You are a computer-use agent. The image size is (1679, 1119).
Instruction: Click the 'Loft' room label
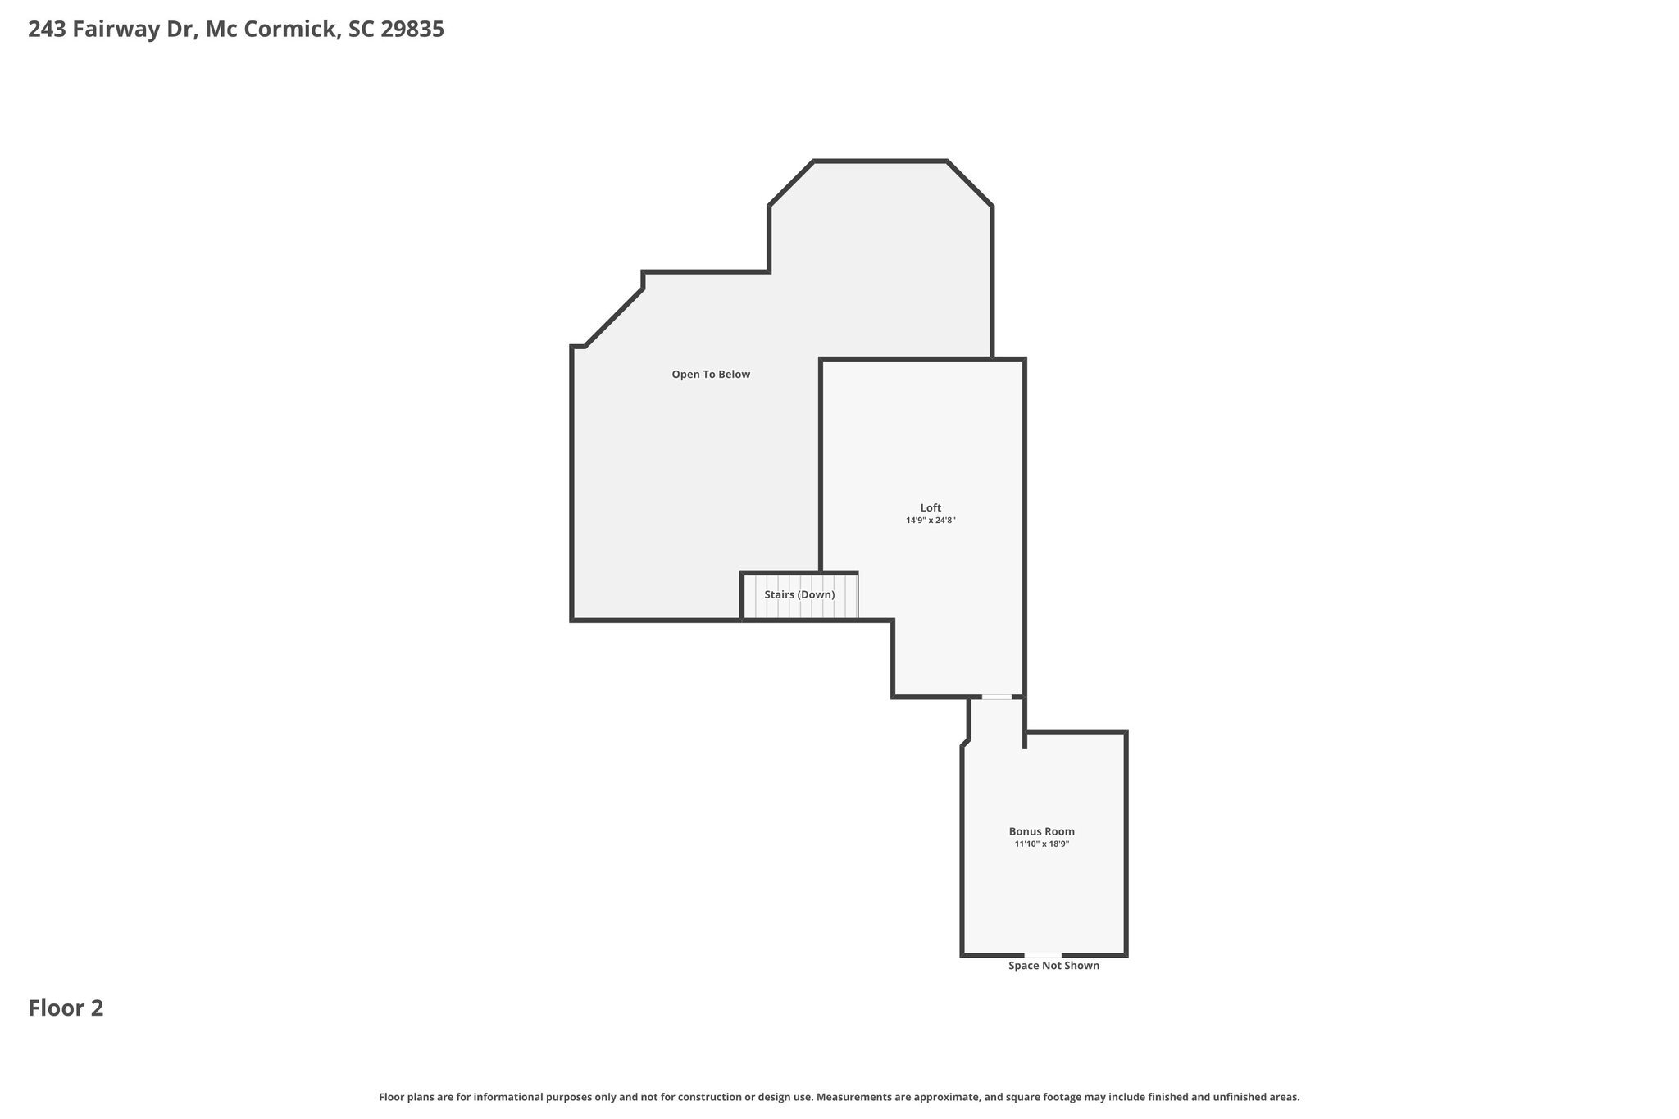pyautogui.click(x=931, y=507)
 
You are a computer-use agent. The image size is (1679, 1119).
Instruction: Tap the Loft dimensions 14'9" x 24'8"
pyautogui.click(x=931, y=520)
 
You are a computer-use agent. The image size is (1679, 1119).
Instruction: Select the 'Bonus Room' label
pyautogui.click(x=1041, y=831)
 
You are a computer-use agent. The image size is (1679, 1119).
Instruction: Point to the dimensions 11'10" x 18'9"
pyautogui.click(x=1041, y=844)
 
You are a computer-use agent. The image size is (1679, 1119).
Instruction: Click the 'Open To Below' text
pyautogui.click(x=711, y=375)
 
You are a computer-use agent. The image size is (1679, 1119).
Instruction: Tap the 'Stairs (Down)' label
pyautogui.click(x=799, y=594)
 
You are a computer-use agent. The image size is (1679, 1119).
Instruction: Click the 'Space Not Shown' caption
pyautogui.click(x=1053, y=966)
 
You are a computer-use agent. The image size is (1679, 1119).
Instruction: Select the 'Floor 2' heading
pyautogui.click(x=66, y=1008)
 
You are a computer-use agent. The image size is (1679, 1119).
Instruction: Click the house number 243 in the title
pyautogui.click(x=47, y=30)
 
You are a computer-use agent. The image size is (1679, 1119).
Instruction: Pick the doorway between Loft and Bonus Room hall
pyautogui.click(x=997, y=697)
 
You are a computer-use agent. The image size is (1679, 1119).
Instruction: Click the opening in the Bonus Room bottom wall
pyautogui.click(x=1043, y=955)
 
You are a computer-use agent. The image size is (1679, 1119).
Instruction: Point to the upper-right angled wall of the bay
pyautogui.click(x=970, y=184)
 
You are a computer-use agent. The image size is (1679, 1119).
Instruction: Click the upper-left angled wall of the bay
pyautogui.click(x=791, y=184)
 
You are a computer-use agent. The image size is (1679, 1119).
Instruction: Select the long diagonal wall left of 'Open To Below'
pyautogui.click(x=615, y=317)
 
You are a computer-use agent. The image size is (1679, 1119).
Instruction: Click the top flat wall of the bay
pyautogui.click(x=880, y=161)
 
